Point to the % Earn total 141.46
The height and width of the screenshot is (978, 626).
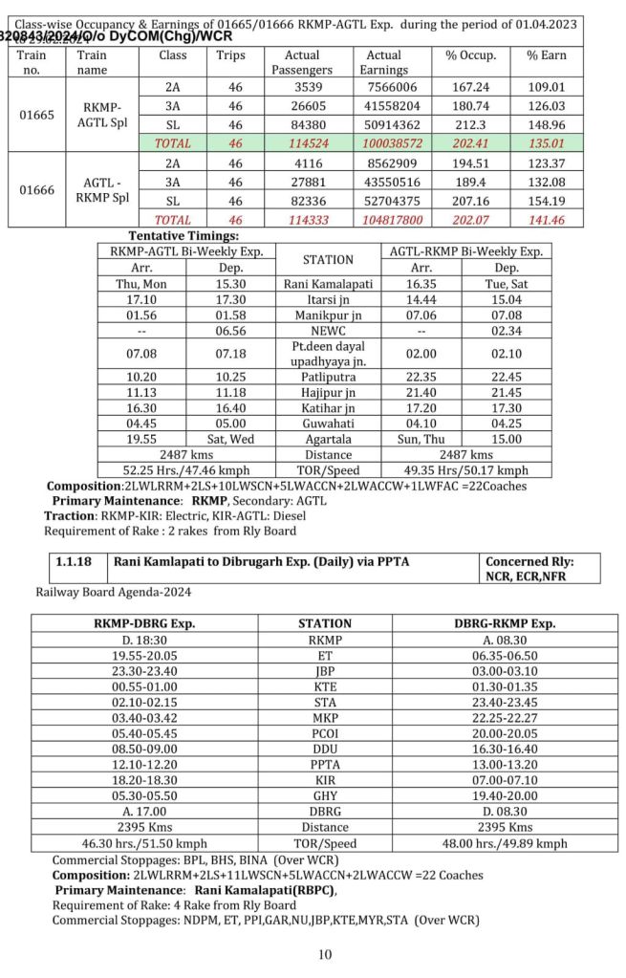point(546,219)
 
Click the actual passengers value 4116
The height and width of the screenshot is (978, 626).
point(301,163)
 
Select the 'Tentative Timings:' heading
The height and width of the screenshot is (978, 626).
point(183,235)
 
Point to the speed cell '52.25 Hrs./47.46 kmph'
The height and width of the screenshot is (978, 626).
point(186,470)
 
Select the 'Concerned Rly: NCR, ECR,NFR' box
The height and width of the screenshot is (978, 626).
point(540,569)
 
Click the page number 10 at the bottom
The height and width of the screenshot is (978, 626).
point(325,954)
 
